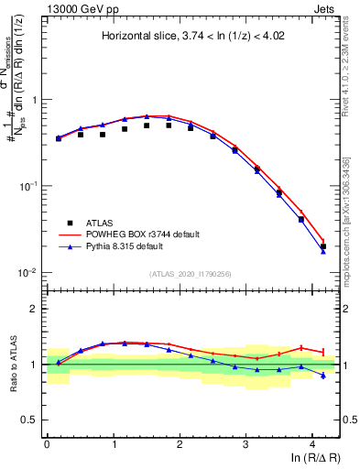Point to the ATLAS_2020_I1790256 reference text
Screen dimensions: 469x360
click(x=191, y=274)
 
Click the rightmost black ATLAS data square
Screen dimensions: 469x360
click(x=322, y=246)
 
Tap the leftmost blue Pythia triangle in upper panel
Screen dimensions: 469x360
click(x=59, y=137)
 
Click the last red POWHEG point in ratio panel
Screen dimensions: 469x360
click(x=322, y=351)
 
